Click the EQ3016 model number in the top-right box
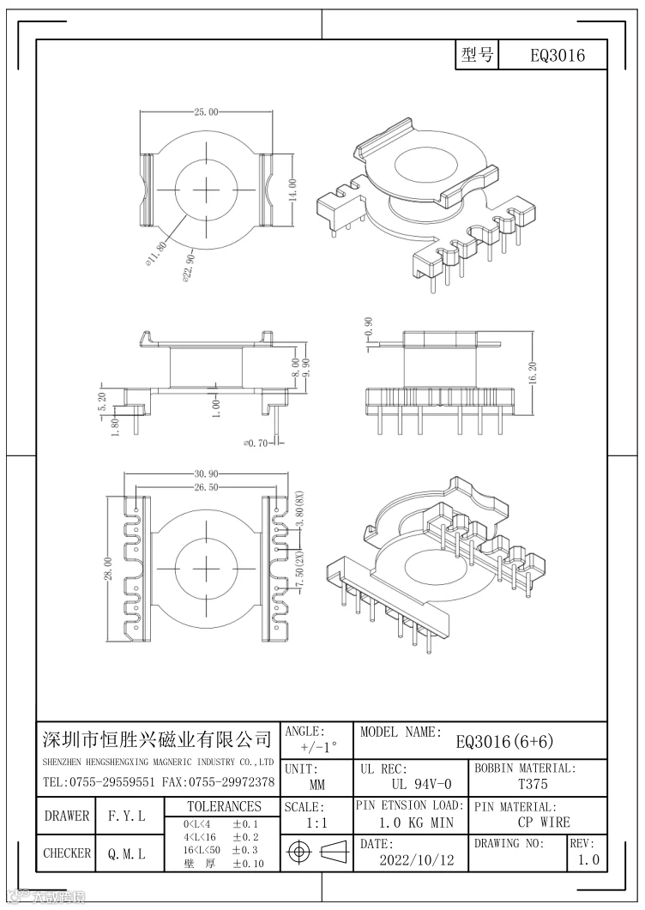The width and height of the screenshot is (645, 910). pos(558,56)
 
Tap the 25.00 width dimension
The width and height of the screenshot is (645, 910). pos(206,112)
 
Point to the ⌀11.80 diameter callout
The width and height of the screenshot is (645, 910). pos(158,255)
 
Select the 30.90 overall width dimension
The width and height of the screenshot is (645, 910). pos(206,474)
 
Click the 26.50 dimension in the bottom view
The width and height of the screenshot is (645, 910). pos(206,487)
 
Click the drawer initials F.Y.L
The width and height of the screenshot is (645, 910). pos(126,816)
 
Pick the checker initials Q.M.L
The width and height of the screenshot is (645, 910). pos(126,854)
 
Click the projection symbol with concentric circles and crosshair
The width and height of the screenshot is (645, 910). pos(299,853)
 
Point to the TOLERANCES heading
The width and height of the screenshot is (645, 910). pos(225,806)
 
